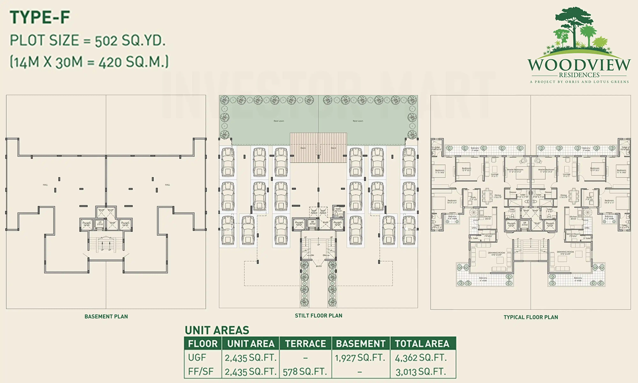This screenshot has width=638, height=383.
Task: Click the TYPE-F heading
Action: (40, 18)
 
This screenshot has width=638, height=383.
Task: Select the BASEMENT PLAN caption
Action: (106, 316)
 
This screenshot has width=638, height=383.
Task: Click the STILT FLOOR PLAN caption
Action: (319, 315)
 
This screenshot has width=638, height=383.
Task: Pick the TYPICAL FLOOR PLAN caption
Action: (531, 317)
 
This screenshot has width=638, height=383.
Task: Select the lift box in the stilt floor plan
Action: (312, 224)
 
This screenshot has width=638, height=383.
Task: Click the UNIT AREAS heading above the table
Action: (217, 330)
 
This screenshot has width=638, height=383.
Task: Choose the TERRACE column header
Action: (305, 344)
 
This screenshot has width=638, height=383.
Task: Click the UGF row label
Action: (197, 358)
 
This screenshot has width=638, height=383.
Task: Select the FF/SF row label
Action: (201, 372)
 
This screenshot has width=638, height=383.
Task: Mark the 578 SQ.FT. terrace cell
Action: (305, 372)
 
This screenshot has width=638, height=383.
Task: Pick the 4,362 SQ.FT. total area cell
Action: (421, 358)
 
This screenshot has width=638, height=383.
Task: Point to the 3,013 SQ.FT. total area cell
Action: (421, 372)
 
